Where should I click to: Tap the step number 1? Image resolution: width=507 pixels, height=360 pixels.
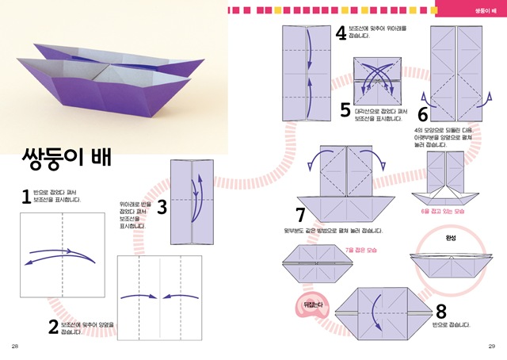(x=25, y=197)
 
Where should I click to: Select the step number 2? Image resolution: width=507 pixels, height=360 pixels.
(x=52, y=326)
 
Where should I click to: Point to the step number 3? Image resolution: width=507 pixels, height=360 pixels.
(x=162, y=208)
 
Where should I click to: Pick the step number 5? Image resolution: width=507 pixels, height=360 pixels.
(x=345, y=109)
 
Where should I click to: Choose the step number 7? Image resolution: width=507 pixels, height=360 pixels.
(x=300, y=215)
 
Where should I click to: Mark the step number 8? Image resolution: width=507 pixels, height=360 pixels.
(x=441, y=311)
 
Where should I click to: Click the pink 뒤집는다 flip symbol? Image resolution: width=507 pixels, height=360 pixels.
(x=316, y=303)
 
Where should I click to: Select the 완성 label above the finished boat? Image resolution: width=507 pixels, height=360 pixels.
(x=452, y=237)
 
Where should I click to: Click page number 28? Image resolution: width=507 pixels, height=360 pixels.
(x=15, y=347)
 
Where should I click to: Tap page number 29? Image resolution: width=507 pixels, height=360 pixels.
(x=491, y=347)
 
